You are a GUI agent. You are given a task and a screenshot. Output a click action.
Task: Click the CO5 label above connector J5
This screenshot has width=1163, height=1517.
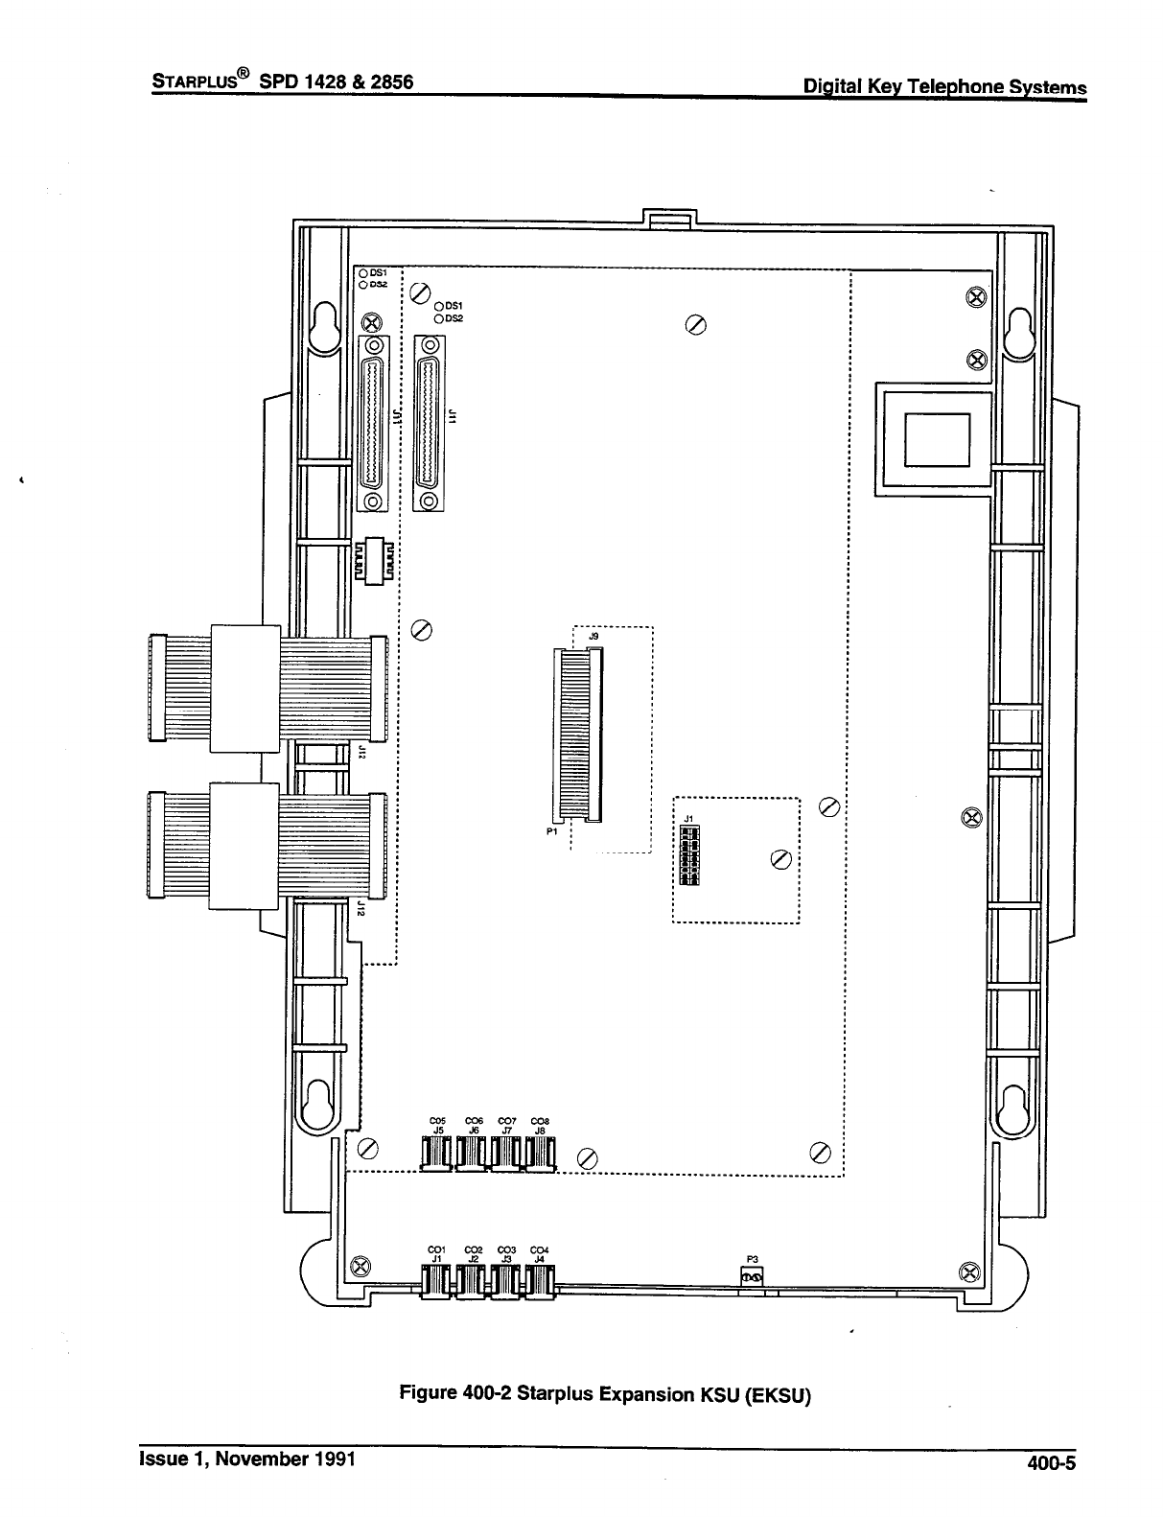coord(439,1120)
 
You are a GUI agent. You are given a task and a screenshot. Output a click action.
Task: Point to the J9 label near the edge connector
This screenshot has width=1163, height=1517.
coord(594,637)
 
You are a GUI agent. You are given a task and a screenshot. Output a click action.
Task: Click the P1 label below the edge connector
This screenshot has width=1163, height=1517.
coord(552,832)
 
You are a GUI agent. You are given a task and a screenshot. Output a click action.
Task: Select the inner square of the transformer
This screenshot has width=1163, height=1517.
coord(938,438)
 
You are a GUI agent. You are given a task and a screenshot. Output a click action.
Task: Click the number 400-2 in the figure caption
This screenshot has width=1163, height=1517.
coord(485,1392)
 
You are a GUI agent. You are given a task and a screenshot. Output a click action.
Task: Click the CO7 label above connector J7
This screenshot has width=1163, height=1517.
coord(507,1120)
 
